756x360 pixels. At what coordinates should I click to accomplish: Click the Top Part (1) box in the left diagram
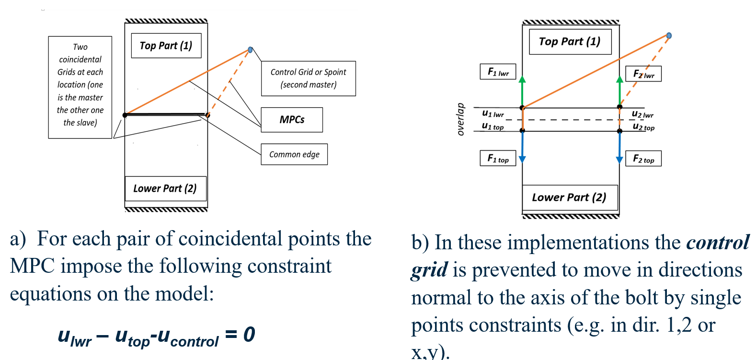pos(166,46)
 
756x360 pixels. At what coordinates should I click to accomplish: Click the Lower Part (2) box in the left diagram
pos(165,188)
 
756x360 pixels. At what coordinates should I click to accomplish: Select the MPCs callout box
pos(292,120)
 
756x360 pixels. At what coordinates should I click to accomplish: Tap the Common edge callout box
pos(294,154)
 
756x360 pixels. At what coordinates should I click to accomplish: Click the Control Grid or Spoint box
pos(308,79)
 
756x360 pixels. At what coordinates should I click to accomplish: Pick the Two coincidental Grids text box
pos(80,87)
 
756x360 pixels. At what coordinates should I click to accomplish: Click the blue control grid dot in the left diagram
pos(250,50)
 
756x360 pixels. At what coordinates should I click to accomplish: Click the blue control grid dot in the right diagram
pos(669,35)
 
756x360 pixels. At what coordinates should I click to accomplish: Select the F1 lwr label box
pos(498,72)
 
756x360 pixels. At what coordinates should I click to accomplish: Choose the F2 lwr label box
pos(643,74)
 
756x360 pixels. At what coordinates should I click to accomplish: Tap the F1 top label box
pos(498,158)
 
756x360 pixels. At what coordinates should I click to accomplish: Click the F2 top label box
pos(643,159)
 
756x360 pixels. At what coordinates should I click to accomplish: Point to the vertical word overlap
pos(460,119)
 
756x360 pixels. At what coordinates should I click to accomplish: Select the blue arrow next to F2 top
pos(619,148)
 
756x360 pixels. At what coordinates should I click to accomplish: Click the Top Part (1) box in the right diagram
pos(570,42)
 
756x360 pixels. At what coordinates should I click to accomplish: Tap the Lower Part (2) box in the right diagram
pos(570,197)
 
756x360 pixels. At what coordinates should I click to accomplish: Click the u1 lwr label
pos(493,114)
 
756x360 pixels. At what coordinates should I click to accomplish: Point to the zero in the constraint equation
pos(249,334)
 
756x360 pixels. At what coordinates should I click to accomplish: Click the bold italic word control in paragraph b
pos(717,243)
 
